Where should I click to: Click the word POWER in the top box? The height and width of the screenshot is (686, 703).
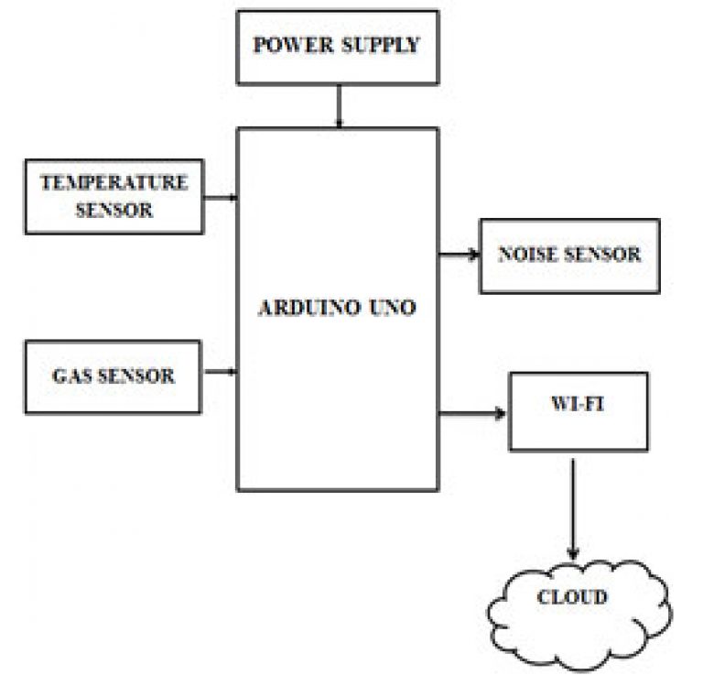pos(293,45)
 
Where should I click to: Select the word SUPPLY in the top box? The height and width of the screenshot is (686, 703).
pos(380,45)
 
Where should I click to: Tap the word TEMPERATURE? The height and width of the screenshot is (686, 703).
pos(114,182)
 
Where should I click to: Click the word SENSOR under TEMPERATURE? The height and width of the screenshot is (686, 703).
pos(114,210)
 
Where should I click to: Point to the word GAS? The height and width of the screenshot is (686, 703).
pos(71,376)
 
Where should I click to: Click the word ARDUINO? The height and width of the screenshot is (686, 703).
pos(309,308)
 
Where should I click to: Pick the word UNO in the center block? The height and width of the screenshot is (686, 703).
pos(393,308)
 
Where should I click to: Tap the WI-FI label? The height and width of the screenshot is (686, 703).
pos(578,404)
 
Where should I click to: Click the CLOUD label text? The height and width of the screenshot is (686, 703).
pos(572,597)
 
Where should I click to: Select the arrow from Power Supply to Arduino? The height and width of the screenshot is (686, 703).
pos(339,106)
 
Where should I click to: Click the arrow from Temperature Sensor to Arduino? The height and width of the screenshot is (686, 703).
pos(221,198)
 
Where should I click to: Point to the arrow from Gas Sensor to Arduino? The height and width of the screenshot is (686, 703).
pos(221,372)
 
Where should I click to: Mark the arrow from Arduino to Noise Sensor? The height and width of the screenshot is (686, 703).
pos(460,255)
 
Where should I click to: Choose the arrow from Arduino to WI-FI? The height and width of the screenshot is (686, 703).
pos(472,413)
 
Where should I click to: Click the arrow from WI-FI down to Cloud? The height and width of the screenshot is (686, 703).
pos(572,509)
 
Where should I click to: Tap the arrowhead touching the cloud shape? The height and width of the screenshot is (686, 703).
pos(572,554)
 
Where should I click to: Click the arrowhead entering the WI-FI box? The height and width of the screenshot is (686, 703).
pos(501,413)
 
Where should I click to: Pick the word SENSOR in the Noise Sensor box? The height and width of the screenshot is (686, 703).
pos(602,255)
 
